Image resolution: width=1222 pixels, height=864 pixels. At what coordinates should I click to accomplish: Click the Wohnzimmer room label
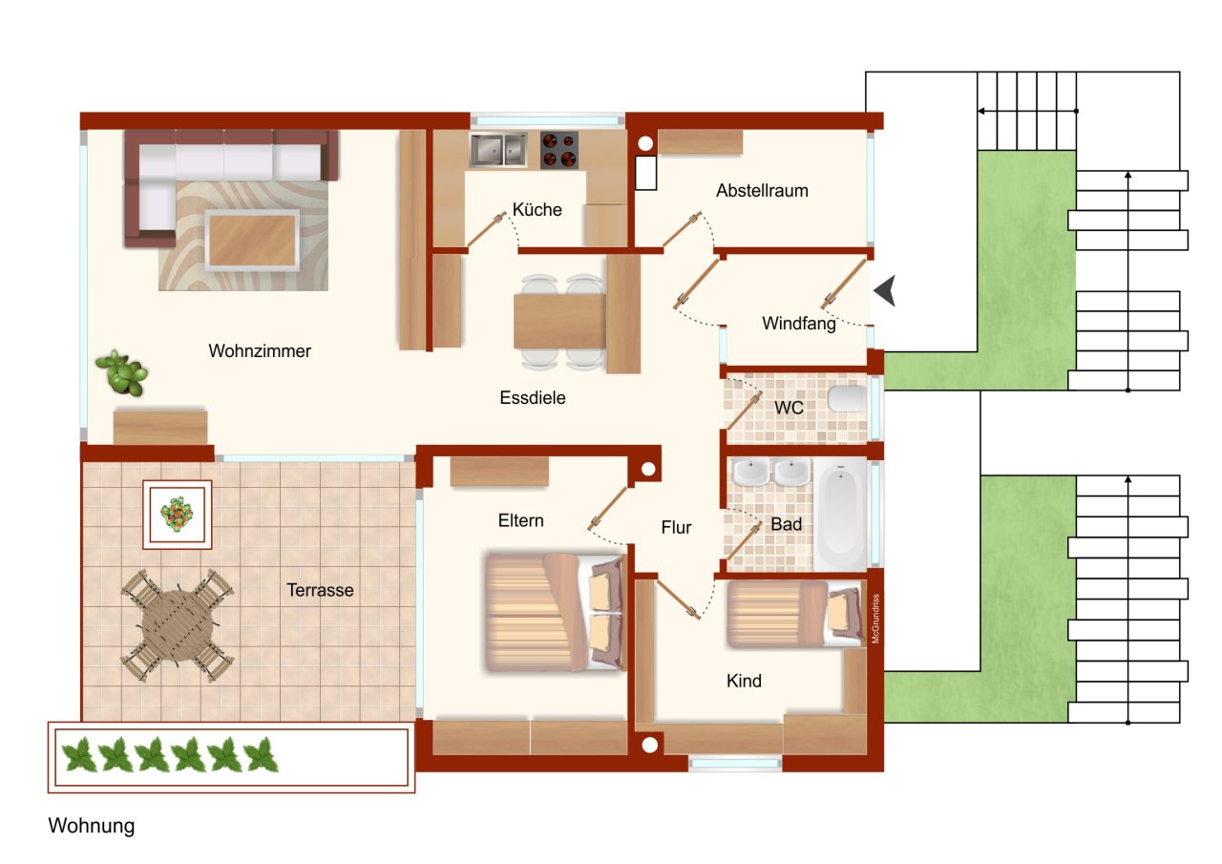coord(260,351)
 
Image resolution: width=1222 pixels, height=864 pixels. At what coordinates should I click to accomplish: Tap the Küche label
coord(537,210)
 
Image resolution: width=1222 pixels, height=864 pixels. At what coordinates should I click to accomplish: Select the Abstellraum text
coord(762,191)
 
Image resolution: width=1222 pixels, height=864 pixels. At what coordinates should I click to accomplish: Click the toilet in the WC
coord(846,399)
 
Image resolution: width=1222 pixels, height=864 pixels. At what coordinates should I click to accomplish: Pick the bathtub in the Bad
coord(840,516)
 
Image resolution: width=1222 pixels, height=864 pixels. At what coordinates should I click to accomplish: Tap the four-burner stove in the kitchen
coord(559,150)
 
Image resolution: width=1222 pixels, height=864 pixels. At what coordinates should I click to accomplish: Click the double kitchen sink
coord(498,150)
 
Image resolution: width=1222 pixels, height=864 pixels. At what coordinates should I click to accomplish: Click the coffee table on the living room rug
coord(252,241)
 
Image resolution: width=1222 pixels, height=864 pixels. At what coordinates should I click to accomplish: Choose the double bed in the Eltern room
coord(554,611)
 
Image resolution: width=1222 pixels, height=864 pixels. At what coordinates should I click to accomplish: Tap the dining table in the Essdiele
coord(561,322)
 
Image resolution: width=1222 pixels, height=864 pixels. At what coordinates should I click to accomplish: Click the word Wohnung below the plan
coord(92,827)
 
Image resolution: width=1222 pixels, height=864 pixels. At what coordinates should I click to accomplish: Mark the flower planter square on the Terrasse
coord(178,515)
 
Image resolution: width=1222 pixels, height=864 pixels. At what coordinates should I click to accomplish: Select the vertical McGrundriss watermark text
coord(875,619)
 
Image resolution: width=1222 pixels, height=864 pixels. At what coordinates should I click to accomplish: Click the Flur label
coord(676,527)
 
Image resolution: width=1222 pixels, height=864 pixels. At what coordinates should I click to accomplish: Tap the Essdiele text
coord(533,398)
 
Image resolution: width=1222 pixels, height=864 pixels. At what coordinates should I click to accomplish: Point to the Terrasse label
coord(320,591)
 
